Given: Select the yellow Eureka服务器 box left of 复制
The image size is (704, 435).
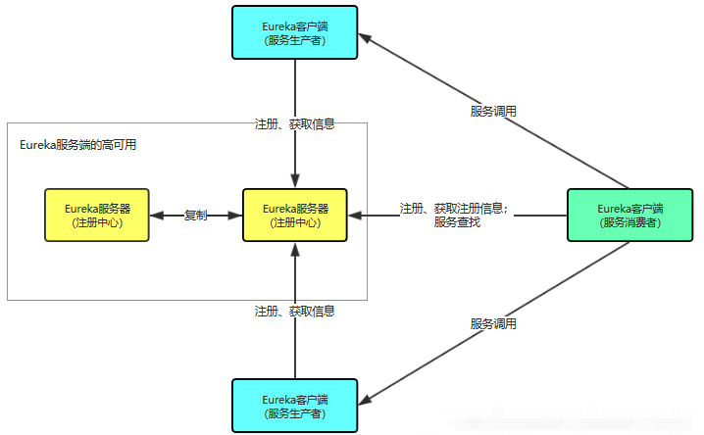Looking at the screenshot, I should coord(96,216).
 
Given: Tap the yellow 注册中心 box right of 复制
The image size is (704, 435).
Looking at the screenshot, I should coord(295,216).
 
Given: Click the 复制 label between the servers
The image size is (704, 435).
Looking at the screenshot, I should coord(196,216).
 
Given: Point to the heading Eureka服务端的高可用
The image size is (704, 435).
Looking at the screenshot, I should coord(77,145).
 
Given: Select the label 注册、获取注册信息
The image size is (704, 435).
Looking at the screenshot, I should coord(453,208).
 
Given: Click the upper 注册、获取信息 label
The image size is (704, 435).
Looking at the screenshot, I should coord(295,124).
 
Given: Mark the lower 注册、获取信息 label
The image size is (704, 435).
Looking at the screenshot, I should coord(295,311).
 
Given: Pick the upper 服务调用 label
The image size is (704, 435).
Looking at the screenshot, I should coord(493,111).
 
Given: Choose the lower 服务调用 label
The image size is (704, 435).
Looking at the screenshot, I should coord(493,323).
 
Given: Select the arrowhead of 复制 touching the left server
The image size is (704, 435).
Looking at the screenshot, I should coord(156,216).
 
